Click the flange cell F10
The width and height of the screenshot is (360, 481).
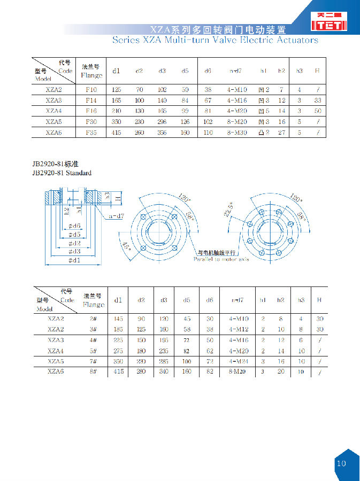(91, 90)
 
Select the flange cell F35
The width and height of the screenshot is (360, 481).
(91, 132)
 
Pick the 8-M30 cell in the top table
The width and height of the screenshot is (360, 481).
(237, 132)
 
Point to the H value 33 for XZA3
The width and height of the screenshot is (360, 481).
(318, 100)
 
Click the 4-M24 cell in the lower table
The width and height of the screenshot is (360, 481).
(239, 361)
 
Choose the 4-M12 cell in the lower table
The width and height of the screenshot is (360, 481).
(239, 329)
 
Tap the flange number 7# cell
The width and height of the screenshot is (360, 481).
(93, 361)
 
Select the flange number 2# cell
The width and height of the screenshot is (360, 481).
(93, 319)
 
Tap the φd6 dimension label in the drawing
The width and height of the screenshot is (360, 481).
(74, 226)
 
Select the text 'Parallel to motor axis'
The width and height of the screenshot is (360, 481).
(221, 259)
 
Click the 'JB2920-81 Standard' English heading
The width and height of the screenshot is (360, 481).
(62, 173)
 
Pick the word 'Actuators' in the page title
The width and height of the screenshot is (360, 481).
(293, 40)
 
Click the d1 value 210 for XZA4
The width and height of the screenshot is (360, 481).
(117, 111)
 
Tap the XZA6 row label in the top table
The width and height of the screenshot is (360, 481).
(53, 132)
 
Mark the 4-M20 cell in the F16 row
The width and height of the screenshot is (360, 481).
(237, 111)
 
